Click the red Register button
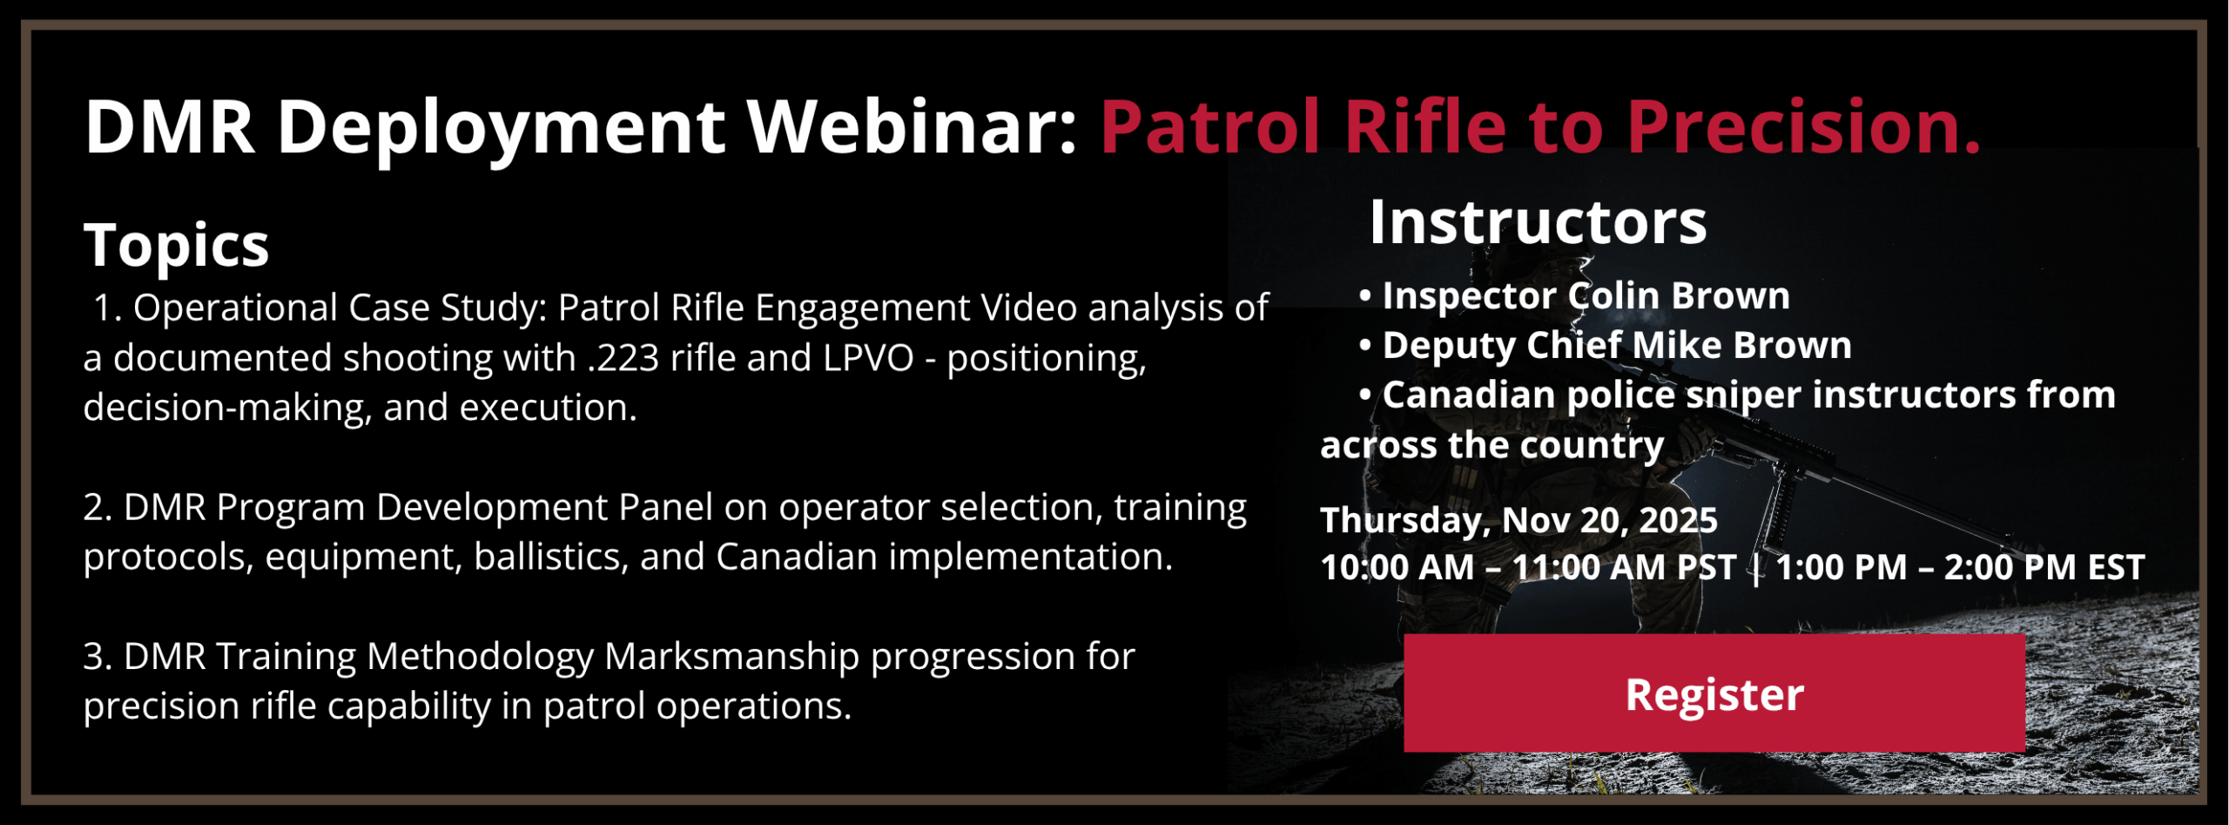[1714, 693]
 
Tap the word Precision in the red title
[1803, 127]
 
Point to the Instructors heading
[1538, 222]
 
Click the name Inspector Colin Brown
[1586, 296]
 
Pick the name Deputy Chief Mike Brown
[1617, 346]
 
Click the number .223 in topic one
[623, 358]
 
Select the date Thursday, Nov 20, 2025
[1519, 521]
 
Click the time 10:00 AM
[1397, 568]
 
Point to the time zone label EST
[2116, 568]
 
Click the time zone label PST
[1707, 568]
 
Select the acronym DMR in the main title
[170, 127]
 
